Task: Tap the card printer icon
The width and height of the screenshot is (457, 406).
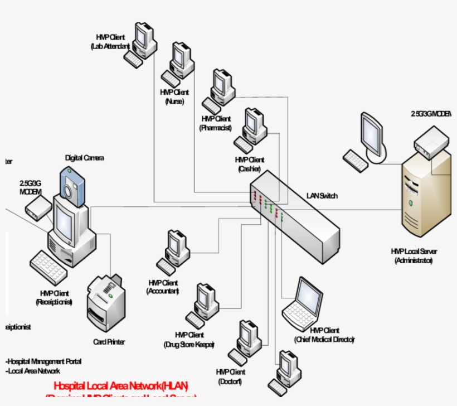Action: [106, 303]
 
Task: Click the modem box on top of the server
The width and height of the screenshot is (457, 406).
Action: [431, 142]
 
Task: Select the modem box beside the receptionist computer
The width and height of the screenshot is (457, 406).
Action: [38, 209]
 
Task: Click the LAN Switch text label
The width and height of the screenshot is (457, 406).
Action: [322, 196]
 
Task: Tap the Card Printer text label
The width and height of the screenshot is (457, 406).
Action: [109, 342]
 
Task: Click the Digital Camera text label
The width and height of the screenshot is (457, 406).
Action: [84, 158]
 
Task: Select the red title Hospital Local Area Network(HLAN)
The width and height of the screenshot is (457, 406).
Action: [121, 385]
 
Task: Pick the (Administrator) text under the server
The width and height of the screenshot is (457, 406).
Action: [413, 260]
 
